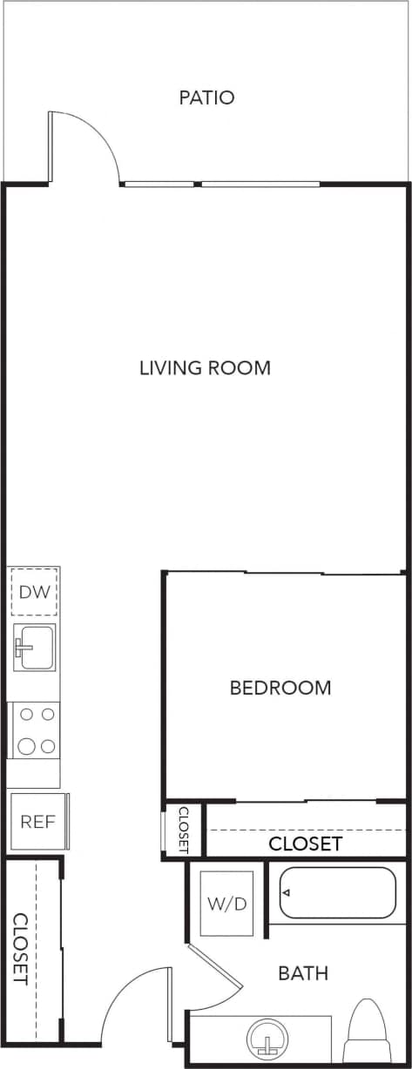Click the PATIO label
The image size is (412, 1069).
pyautogui.click(x=206, y=97)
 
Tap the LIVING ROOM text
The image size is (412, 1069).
pyautogui.click(x=205, y=367)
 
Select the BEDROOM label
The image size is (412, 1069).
pyautogui.click(x=280, y=688)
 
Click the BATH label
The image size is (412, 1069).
pyautogui.click(x=303, y=972)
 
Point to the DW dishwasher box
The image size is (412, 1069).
pyautogui.click(x=34, y=592)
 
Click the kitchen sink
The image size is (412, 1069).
pyautogui.click(x=34, y=648)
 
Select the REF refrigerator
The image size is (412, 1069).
pyautogui.click(x=38, y=821)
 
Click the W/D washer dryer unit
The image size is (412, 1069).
pyautogui.click(x=226, y=904)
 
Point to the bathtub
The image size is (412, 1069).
pyautogui.click(x=336, y=892)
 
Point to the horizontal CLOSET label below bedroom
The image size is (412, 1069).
pyautogui.click(x=305, y=844)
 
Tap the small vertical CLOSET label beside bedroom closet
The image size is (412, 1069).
pyautogui.click(x=183, y=829)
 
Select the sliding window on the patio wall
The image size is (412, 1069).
pyautogui.click(x=221, y=184)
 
